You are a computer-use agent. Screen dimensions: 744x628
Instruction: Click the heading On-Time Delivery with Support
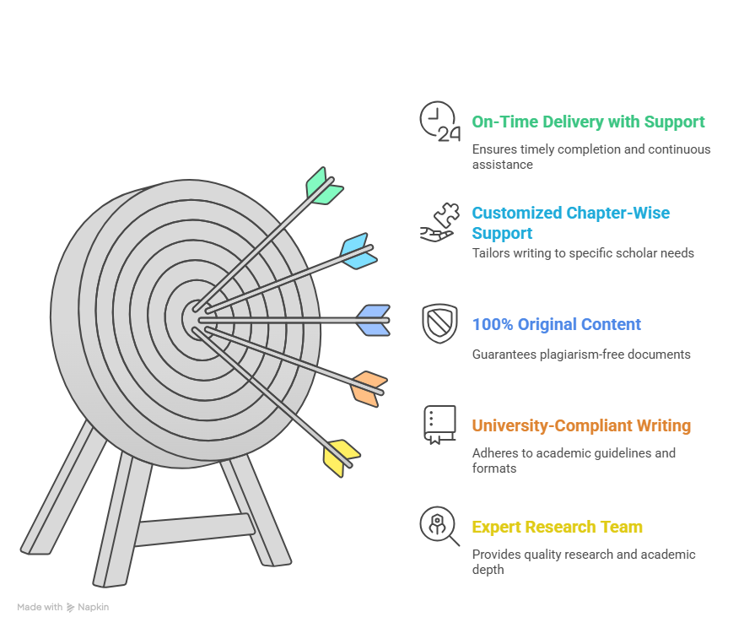click(589, 122)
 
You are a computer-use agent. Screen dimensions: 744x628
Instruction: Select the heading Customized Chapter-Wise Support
click(571, 223)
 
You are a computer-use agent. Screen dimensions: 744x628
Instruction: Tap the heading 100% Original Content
click(557, 324)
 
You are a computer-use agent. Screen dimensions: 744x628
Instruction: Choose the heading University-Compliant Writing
click(581, 425)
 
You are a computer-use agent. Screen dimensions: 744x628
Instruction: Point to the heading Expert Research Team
click(557, 527)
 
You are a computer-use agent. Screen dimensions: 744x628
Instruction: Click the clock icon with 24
click(439, 122)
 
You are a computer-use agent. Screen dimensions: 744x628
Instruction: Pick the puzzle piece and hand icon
click(439, 222)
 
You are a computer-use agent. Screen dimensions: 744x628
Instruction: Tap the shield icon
click(439, 323)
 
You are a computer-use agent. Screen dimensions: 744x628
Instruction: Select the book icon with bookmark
click(439, 425)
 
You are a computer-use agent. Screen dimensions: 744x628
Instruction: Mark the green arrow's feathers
click(324, 186)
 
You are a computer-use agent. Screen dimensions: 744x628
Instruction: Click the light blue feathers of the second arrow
click(359, 251)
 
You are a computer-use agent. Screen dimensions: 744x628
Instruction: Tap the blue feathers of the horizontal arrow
click(374, 321)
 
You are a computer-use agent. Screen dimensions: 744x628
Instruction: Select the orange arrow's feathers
click(369, 389)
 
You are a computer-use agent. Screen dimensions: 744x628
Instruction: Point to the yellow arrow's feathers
click(341, 458)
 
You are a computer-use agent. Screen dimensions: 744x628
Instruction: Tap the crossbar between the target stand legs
click(195, 529)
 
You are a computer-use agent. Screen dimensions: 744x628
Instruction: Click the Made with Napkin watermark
click(63, 607)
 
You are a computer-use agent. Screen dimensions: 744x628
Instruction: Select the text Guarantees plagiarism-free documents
click(581, 355)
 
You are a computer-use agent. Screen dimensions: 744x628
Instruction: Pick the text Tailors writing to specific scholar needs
click(583, 253)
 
